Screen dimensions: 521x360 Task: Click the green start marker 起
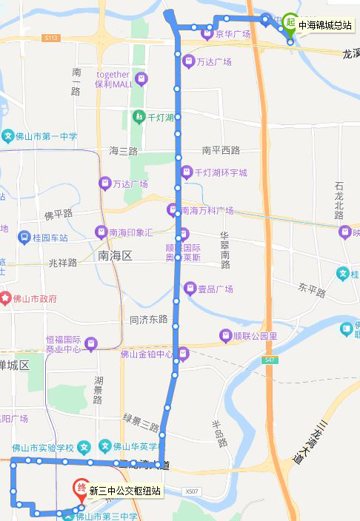coord(290,23)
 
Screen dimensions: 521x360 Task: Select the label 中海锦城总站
coord(324,25)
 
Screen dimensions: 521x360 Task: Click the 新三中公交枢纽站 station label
coord(125,491)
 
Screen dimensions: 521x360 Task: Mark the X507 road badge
coord(192,491)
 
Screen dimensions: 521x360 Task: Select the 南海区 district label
coord(114,255)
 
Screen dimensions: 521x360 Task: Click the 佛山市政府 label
coord(34,299)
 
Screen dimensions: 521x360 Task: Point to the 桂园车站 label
coord(50,238)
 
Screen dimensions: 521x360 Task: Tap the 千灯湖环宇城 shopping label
coord(221,172)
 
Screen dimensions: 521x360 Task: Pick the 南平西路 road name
coord(221,150)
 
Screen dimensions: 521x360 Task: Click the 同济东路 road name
coord(149,320)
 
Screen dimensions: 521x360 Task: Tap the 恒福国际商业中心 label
coord(63,344)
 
